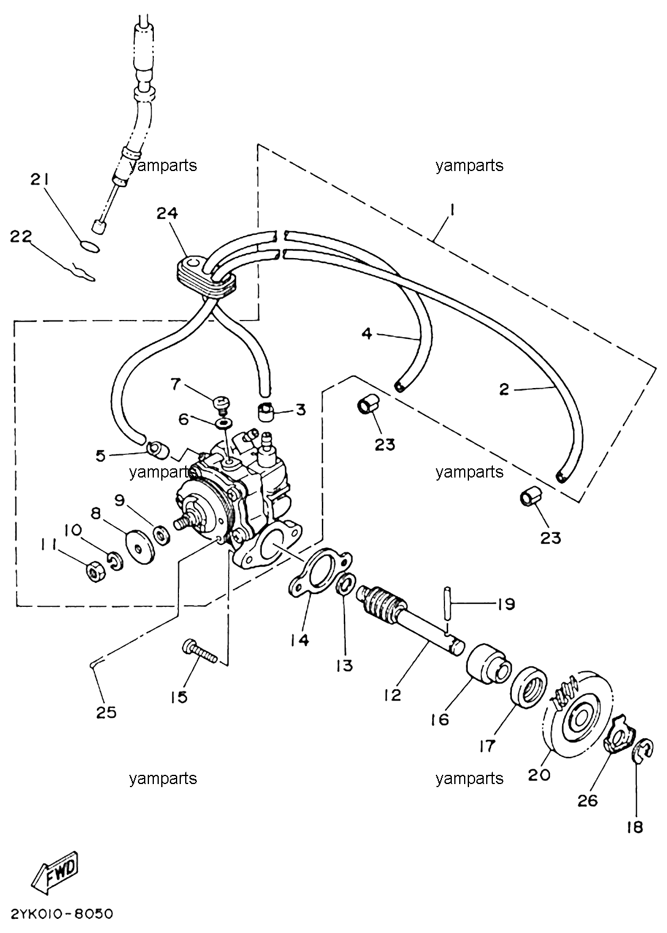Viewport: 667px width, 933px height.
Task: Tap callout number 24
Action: click(x=167, y=213)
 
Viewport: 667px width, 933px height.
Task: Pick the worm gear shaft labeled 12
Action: click(x=410, y=619)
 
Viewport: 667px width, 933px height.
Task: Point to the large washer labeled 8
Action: click(x=140, y=547)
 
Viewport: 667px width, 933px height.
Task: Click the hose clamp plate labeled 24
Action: click(x=204, y=276)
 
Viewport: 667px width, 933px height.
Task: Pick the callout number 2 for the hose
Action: click(x=504, y=389)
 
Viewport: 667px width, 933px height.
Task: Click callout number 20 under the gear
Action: click(x=539, y=775)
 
